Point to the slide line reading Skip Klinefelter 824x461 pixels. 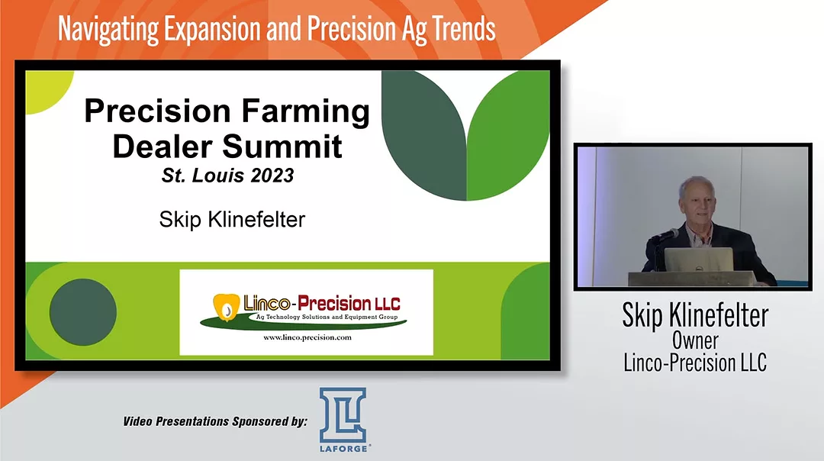[232, 220]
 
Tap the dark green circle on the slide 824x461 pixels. [82, 311]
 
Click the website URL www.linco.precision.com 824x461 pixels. [307, 337]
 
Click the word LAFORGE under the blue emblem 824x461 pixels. [343, 450]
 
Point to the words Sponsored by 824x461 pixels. [268, 421]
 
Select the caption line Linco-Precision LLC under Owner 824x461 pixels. [694, 363]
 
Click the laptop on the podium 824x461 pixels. [699, 260]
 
